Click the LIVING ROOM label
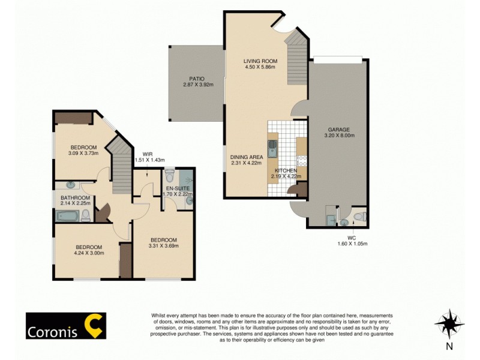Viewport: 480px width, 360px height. coord(259,61)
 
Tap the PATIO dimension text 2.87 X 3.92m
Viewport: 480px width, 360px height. coord(193,85)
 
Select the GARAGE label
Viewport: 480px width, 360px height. coord(338,129)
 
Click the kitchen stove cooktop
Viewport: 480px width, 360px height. coord(302,161)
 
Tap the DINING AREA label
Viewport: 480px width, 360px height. coord(247,157)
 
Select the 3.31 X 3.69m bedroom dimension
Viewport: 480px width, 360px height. coord(163,245)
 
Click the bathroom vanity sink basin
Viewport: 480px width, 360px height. coord(70,185)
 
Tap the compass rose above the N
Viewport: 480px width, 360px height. coord(449,323)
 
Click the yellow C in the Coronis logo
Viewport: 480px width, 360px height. coord(94,325)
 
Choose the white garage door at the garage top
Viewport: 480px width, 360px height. coord(338,58)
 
